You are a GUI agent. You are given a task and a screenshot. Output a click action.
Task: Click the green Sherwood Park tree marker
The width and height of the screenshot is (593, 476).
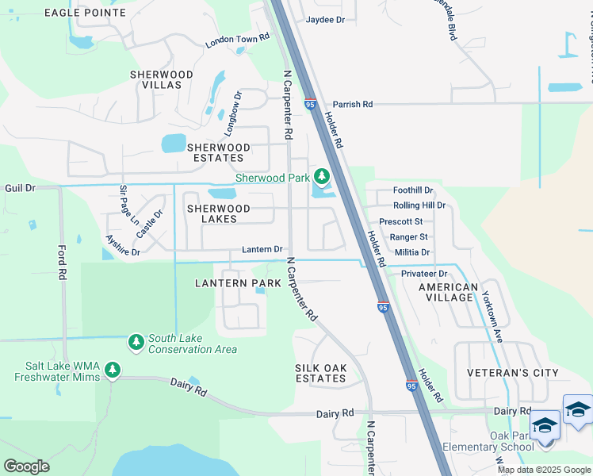pos(322,176)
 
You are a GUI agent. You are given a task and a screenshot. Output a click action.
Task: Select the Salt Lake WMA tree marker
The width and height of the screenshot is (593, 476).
pos(113,369)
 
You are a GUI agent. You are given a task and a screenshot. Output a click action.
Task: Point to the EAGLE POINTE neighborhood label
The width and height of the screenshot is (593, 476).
pos(85,13)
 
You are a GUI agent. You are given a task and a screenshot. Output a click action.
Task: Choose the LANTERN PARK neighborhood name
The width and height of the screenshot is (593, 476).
pos(238,283)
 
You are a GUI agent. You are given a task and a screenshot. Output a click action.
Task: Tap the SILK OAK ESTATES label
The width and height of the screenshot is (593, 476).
pos(320,373)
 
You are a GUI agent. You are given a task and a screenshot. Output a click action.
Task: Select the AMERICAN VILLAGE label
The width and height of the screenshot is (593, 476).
pos(447,292)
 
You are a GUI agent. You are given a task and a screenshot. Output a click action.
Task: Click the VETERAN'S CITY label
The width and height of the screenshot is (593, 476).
pos(512,373)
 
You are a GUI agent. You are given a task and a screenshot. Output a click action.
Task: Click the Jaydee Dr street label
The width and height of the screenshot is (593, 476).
pos(326,19)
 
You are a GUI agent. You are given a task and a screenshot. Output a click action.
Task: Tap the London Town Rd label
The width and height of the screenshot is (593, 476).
pos(238,40)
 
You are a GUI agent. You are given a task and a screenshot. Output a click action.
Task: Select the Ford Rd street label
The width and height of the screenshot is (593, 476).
pos(62,261)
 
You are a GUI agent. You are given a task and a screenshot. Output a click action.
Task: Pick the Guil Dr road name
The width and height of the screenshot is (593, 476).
pos(20,188)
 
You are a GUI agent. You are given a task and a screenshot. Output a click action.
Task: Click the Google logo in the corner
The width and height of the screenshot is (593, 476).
pos(26,466)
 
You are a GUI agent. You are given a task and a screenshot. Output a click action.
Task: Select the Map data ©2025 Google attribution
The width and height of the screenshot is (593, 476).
pos(543,470)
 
